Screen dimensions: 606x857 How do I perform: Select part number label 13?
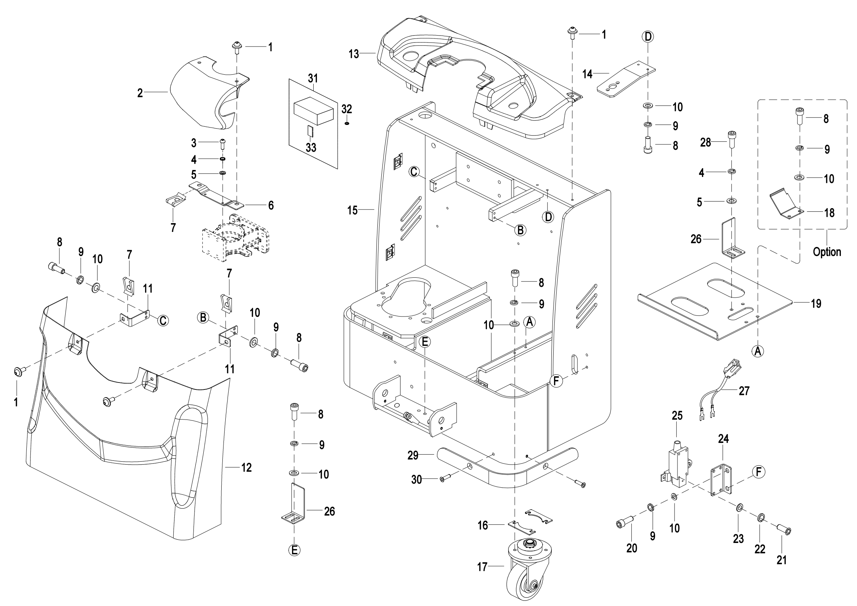(354, 54)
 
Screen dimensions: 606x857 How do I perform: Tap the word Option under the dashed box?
(827, 252)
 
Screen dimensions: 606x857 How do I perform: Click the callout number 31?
(313, 78)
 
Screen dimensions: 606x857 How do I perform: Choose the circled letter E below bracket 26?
(295, 550)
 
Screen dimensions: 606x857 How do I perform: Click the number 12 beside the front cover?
(246, 468)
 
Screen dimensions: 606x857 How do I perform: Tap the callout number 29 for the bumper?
(413, 455)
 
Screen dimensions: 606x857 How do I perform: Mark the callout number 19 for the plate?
(816, 303)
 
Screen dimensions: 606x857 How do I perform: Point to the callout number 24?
(723, 439)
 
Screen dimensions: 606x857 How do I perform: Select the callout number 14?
(587, 74)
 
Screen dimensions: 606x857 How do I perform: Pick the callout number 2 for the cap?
(140, 93)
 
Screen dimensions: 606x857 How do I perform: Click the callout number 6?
(271, 205)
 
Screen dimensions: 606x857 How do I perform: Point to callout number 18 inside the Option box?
(829, 213)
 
